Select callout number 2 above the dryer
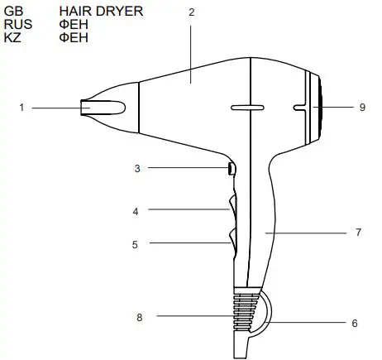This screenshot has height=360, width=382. click(x=191, y=12)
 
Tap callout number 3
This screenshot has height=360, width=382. click(x=137, y=168)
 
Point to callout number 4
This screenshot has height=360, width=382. click(x=135, y=211)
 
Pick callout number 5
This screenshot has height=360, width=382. click(x=135, y=244)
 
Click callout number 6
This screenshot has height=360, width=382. click(x=354, y=323)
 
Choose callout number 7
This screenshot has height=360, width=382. click(x=357, y=233)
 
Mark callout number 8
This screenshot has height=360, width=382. click(x=139, y=315)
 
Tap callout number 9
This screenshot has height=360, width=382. click(x=362, y=107)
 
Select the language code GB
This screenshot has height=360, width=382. click(x=13, y=12)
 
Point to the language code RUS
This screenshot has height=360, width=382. click(x=18, y=24)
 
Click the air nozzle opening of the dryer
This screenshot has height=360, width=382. click(x=85, y=107)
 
